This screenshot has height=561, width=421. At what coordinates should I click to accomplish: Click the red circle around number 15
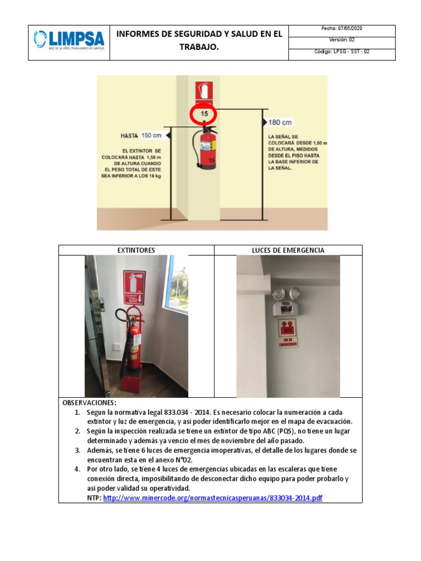click(203, 114)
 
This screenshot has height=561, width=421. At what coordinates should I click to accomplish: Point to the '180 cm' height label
click(280, 122)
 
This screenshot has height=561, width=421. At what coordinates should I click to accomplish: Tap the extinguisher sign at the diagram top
click(204, 91)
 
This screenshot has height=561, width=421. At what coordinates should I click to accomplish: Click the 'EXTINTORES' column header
click(136, 250)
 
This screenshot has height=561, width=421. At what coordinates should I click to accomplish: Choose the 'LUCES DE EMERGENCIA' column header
click(288, 250)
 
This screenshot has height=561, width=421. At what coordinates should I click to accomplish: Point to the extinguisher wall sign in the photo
click(134, 287)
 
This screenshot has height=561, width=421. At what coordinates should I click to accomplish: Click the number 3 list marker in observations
click(77, 450)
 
